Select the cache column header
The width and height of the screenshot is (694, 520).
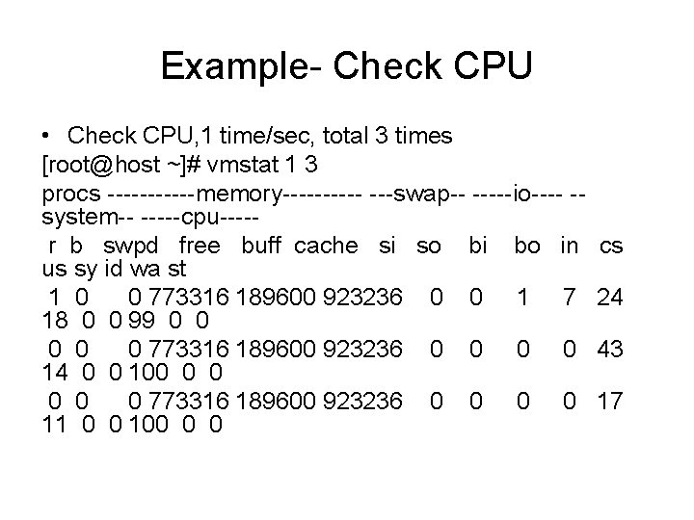[325, 245]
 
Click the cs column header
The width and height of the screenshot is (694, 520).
[611, 245]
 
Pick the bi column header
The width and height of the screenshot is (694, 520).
[476, 245]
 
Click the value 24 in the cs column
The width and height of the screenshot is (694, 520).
[609, 298]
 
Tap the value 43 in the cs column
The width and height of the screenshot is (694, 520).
[609, 350]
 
